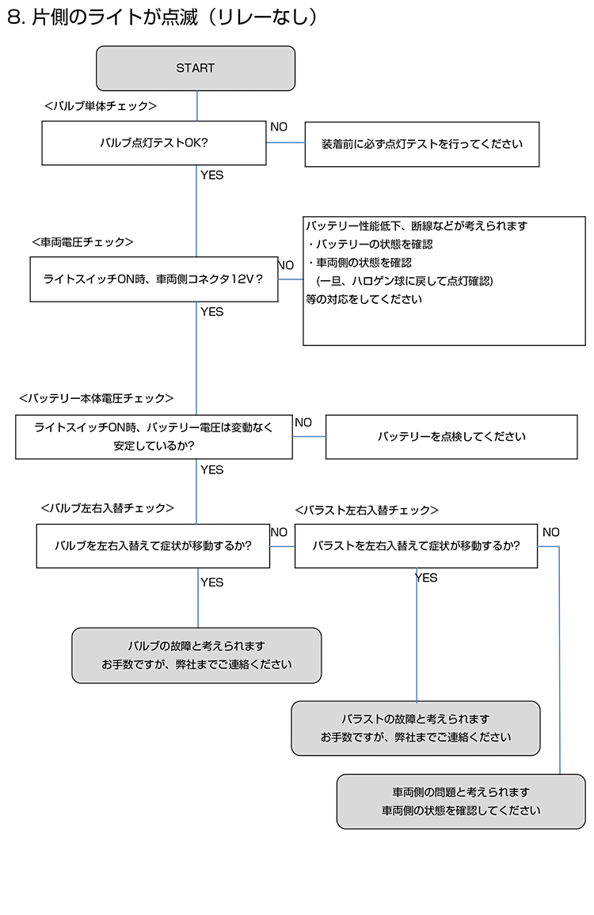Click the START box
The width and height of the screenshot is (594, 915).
tap(196, 68)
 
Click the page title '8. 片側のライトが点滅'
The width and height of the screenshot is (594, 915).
tap(103, 17)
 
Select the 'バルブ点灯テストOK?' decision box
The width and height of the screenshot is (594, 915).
tap(154, 143)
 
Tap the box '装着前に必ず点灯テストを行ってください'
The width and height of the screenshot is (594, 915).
tap(421, 144)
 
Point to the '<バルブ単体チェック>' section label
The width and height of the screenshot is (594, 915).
tap(101, 106)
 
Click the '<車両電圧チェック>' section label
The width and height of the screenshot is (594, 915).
tap(83, 242)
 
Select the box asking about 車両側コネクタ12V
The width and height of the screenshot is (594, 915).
tap(154, 279)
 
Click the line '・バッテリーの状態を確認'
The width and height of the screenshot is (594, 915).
tap(371, 245)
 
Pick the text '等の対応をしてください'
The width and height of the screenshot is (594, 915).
tap(364, 299)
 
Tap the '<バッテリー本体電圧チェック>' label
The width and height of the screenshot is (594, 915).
tap(97, 399)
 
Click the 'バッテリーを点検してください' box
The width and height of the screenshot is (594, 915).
tap(451, 436)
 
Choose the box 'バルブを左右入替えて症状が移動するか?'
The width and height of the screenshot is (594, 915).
tap(153, 545)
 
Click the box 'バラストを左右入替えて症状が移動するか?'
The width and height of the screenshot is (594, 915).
tap(416, 545)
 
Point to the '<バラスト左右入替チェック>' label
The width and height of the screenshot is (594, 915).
tap(367, 511)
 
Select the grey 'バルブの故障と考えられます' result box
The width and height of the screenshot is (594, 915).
tap(196, 655)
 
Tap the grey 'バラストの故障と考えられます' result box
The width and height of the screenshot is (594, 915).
tap(415, 728)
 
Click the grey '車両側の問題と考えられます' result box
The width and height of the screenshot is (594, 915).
tap(461, 801)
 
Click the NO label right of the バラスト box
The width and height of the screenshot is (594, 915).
tap(550, 532)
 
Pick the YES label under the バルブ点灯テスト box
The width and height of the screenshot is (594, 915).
tap(212, 175)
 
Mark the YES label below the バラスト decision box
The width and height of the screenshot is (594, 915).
tap(426, 578)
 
